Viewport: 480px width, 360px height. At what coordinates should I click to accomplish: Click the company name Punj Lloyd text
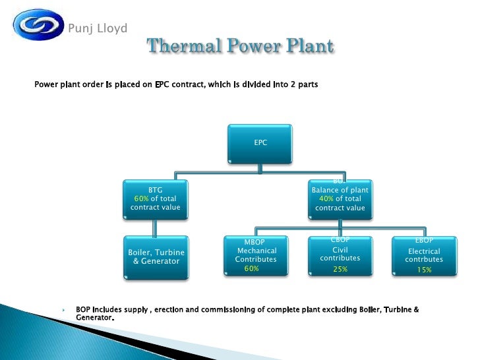[x=98, y=28]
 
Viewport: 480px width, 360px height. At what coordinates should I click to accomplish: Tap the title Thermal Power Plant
[x=240, y=47]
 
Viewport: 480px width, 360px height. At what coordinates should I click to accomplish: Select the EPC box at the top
[x=260, y=142]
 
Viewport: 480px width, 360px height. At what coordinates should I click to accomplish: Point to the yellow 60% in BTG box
[x=141, y=198]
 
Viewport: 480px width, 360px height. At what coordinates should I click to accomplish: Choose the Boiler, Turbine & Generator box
[x=156, y=256]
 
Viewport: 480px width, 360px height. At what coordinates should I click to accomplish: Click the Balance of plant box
[x=340, y=198]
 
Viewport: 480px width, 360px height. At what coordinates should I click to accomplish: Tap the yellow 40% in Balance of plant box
[x=326, y=198]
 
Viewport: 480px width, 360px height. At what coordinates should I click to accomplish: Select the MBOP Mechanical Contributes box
[x=256, y=256]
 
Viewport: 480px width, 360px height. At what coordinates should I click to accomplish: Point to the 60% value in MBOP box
[x=251, y=268]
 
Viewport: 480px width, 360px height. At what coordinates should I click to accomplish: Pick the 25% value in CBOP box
[x=340, y=269]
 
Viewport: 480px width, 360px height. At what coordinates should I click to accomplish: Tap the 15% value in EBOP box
[x=424, y=270]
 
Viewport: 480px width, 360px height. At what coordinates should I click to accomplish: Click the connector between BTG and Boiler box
[x=154, y=227]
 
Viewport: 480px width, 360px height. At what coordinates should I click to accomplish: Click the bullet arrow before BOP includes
[x=65, y=309]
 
